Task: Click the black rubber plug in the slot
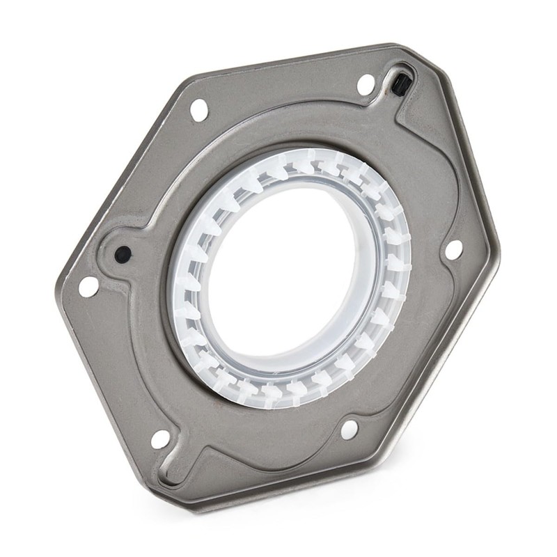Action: (x=400, y=85)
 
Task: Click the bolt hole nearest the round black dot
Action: (x=88, y=285)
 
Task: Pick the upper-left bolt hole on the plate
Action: (x=198, y=109)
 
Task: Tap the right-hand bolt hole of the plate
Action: (x=453, y=249)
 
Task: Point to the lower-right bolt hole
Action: (x=349, y=429)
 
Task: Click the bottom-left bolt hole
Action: (x=160, y=439)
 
